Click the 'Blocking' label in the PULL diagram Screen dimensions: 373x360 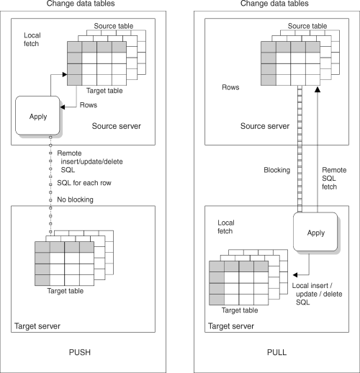[276, 171]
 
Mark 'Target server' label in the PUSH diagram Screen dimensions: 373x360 [37, 326]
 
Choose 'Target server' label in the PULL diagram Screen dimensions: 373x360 [232, 326]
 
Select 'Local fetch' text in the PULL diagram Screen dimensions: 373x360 [228, 228]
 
